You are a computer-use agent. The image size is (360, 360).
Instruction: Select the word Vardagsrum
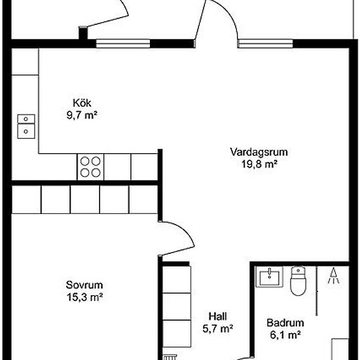[259, 153]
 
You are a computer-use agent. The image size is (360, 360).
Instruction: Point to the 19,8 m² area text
[259, 164]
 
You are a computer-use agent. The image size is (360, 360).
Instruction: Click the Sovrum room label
[85, 285]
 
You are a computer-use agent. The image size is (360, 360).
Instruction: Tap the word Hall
[217, 315]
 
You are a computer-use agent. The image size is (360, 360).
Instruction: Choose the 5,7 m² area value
[217, 328]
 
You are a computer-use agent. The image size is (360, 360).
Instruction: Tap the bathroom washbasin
[269, 277]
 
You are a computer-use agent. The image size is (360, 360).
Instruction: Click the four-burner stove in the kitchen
[91, 166]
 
